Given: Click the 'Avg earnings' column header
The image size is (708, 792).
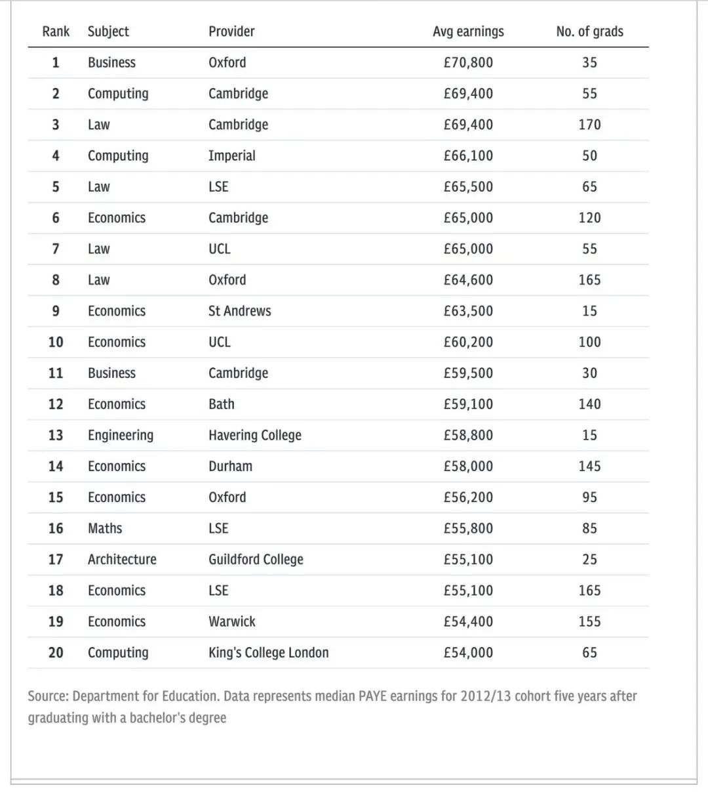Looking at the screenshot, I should pos(468,31).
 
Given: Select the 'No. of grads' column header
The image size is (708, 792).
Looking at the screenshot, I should pos(589,31).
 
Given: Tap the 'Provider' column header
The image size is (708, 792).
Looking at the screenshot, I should pos(231,31).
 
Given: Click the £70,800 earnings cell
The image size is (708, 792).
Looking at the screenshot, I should pos(468,62).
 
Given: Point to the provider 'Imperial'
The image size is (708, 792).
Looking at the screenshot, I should pos(232,156).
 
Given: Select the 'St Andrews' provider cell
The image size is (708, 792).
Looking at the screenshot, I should pos(239,311).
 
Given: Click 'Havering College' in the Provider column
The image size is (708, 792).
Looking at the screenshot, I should pos(255,435).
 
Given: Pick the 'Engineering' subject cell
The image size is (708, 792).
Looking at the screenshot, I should pos(121,435).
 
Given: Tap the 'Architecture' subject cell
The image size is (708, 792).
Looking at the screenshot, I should pos(122,559).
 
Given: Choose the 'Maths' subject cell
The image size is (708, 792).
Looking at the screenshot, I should pos(105,528).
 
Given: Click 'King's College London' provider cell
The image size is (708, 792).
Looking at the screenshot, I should pos(269,652).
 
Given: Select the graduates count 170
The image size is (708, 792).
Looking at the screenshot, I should pos(589,125).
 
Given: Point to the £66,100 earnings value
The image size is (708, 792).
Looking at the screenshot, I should pos(468,156).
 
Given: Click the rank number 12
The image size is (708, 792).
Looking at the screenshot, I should pos(56,404).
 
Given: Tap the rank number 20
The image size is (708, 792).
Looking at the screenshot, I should pos(56,652).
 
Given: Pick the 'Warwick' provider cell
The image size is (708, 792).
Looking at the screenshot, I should pos(232,621).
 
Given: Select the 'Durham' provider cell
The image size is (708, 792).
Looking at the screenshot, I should pos(230,466).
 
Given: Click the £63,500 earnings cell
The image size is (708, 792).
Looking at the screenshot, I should pos(468,311).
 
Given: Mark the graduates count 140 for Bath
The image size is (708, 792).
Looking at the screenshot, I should pos(589,404).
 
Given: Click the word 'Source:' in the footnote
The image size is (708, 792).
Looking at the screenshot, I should pos(48,696).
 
